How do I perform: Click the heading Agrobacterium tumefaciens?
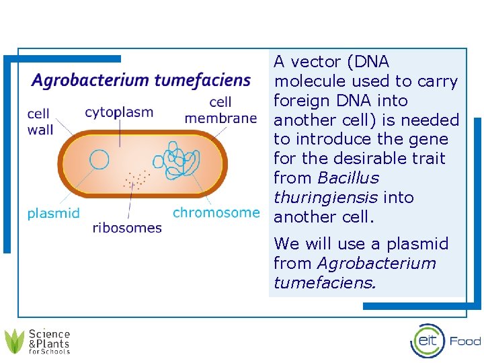(x=141, y=81)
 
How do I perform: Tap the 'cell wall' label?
(x=40, y=122)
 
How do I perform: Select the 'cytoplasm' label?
(x=119, y=112)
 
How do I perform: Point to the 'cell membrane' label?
(x=220, y=110)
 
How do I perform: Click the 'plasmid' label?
(x=53, y=214)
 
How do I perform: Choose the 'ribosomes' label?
(x=127, y=228)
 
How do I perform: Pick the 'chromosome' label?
(x=216, y=212)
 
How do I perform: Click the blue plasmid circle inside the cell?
(x=99, y=159)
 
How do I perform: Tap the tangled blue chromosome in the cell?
(x=179, y=160)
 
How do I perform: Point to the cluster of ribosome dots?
(x=136, y=179)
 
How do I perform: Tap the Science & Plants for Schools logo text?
(x=49, y=341)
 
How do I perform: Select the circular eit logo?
(x=428, y=341)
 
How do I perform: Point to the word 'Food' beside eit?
(x=465, y=341)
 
